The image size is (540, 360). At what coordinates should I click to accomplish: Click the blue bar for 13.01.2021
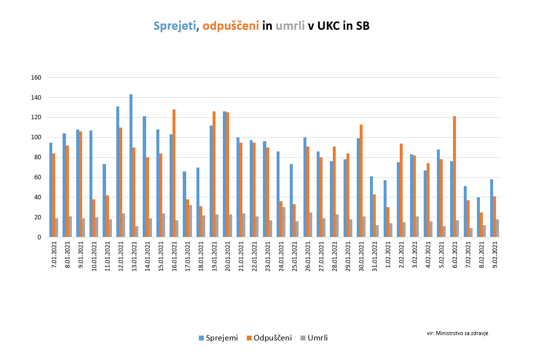coord(131,166)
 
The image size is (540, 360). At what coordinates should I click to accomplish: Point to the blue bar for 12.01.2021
coord(118,171)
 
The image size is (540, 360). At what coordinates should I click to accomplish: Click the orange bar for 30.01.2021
coord(361,181)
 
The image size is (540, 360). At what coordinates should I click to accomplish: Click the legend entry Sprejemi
coord(218,338)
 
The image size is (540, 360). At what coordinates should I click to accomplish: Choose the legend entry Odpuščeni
coord(269,338)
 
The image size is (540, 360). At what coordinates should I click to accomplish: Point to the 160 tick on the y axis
coord(36,78)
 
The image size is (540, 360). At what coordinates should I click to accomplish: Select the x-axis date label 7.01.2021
coord(54,256)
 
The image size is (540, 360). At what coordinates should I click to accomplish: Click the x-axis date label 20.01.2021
coord(228,256)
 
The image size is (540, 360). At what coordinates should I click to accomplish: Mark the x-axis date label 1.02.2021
coord(389,256)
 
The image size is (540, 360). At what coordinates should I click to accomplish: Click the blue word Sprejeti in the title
coord(175,26)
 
